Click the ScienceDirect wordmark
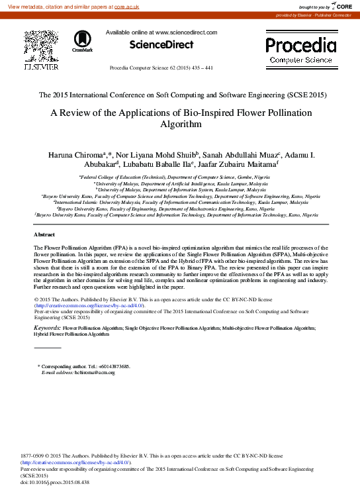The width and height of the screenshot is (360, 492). click(161, 45)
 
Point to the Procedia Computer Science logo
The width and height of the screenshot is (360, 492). click(300, 50)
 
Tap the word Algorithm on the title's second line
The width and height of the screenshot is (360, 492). click(180, 124)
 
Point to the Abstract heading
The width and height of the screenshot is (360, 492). click(44, 235)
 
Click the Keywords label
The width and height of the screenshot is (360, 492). click(47, 328)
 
